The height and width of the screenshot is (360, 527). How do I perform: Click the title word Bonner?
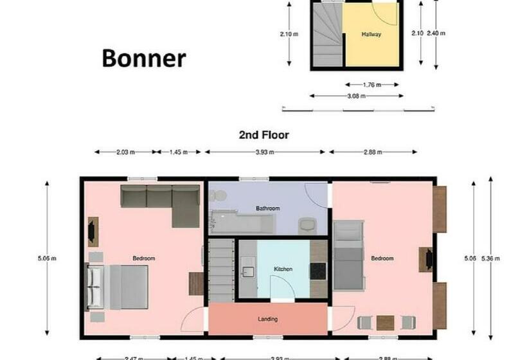144,59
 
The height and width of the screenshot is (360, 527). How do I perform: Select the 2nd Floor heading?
263,135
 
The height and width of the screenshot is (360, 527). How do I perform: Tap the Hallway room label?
371,34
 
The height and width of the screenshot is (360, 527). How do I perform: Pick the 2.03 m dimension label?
125,152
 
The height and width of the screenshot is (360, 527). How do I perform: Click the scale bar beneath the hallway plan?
357,110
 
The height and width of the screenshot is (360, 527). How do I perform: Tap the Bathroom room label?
267,208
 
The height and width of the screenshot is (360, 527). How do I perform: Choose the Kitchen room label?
283,269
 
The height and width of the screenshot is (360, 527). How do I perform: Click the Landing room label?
267,318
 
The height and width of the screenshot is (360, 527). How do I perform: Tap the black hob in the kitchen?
318,271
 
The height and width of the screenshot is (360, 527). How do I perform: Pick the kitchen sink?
247,271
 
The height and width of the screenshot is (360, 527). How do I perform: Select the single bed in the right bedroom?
349,255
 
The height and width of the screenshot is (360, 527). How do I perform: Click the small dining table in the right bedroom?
386,322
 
